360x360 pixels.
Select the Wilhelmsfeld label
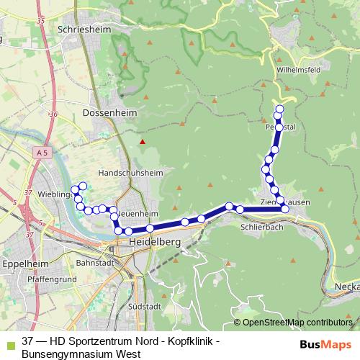(300, 70)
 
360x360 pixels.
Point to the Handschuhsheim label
(130, 174)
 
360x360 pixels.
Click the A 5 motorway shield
(44, 153)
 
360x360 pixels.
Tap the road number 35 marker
(40, 21)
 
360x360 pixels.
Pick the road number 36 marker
(52, 114)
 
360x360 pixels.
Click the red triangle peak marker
(143, 141)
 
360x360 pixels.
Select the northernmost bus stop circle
(279, 109)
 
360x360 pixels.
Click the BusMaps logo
(325, 345)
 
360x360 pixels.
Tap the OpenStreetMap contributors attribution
(297, 323)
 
